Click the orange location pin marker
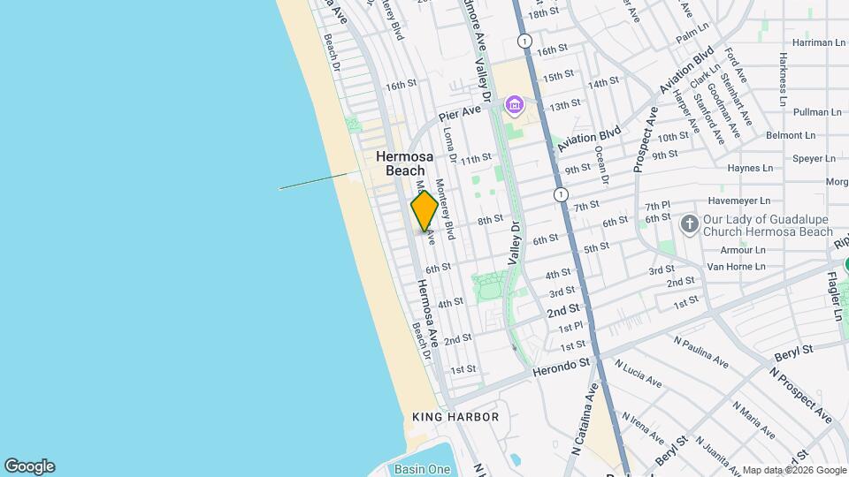coord(424,211)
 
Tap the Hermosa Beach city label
coord(401,163)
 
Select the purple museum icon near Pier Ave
coord(514,107)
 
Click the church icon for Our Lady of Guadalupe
coord(690,223)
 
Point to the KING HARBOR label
coord(455,417)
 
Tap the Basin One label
coord(422,469)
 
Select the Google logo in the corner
coord(29,466)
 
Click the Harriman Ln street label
coord(818,42)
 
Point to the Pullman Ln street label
coord(817,112)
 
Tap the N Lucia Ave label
coord(639,375)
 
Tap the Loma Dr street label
coord(449,144)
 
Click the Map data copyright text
coord(794,470)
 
